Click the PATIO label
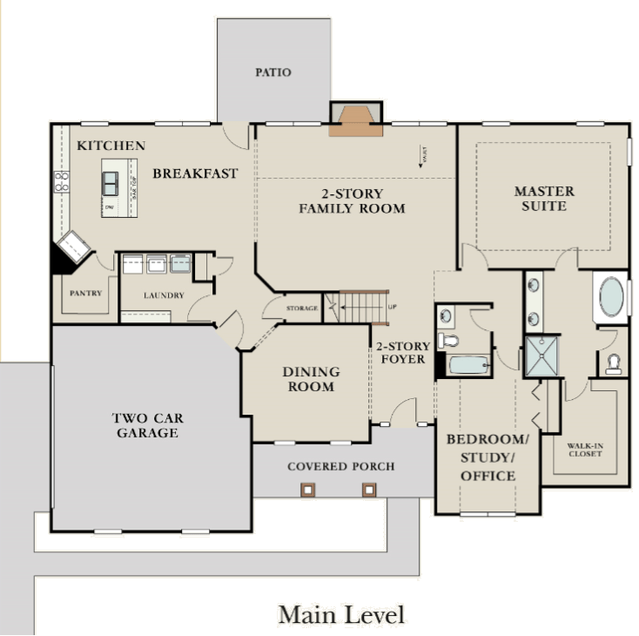click(x=272, y=72)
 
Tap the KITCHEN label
click(x=111, y=145)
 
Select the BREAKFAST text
click(x=195, y=173)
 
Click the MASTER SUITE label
click(x=543, y=199)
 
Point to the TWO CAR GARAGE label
click(x=145, y=425)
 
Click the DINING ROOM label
click(x=310, y=379)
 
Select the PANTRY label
click(x=86, y=293)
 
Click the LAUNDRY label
click(x=164, y=295)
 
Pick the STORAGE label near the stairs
click(x=300, y=308)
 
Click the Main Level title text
click(x=341, y=614)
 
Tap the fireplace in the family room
click(x=355, y=121)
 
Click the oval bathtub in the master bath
click(x=610, y=296)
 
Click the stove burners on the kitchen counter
click(x=62, y=181)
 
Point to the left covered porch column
click(x=306, y=490)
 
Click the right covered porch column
click(x=369, y=490)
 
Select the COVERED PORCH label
click(x=340, y=466)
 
